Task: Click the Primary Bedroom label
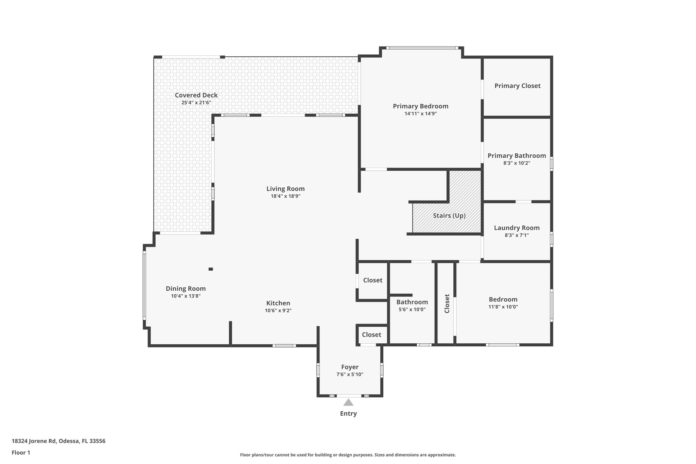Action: (420, 106)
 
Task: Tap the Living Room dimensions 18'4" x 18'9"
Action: (285, 196)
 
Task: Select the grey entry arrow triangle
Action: (348, 403)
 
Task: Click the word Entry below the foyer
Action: (348, 414)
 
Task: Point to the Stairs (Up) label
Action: (449, 216)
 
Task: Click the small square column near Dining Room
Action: (211, 269)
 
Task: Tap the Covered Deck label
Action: (196, 95)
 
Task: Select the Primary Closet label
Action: (517, 86)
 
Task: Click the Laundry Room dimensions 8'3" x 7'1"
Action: (517, 235)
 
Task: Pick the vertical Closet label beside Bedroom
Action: (447, 304)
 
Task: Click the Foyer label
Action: (350, 367)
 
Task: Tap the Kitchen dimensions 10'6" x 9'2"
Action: (278, 310)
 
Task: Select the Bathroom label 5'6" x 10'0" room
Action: (412, 302)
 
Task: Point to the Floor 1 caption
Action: (21, 452)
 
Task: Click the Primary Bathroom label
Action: (517, 156)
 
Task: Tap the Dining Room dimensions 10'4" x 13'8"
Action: (186, 296)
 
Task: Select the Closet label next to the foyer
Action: (371, 334)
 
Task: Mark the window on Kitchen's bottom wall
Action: (284, 346)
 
